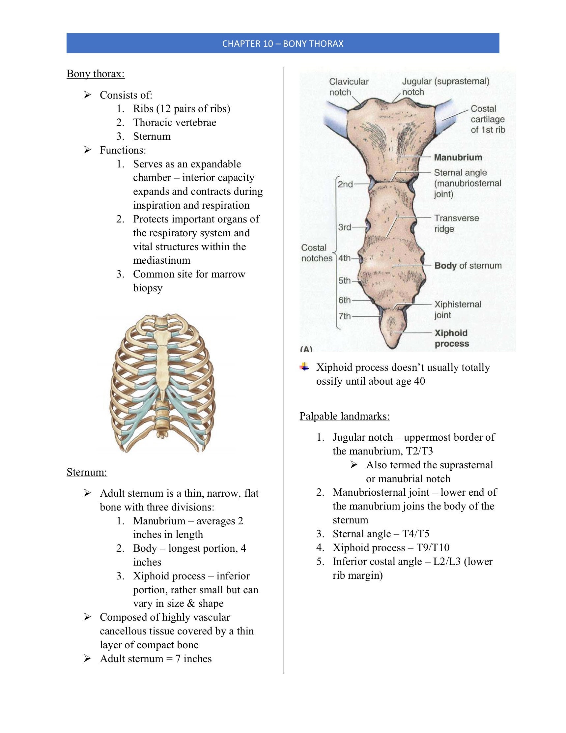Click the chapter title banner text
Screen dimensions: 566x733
(x=282, y=44)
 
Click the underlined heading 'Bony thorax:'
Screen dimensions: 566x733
(x=96, y=73)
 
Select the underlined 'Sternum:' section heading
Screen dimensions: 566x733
(x=87, y=472)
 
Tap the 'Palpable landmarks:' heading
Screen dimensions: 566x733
(x=345, y=416)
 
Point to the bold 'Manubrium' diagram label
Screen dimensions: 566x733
(x=458, y=158)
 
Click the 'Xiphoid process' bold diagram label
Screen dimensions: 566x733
(x=451, y=338)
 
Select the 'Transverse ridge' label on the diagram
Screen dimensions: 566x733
(x=456, y=223)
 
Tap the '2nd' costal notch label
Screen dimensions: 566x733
(x=345, y=184)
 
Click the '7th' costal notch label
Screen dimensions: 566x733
(x=344, y=316)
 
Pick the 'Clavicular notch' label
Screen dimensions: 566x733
(x=349, y=87)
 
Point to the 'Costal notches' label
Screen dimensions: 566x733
(x=316, y=253)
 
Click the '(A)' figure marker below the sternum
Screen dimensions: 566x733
(x=306, y=349)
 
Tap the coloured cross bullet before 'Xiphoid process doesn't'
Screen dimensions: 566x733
(x=304, y=367)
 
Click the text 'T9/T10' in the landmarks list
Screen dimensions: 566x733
(x=433, y=547)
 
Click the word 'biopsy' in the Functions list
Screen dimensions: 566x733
(x=148, y=288)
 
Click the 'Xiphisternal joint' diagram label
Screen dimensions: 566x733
(x=458, y=309)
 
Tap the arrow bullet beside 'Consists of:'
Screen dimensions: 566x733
(x=87, y=95)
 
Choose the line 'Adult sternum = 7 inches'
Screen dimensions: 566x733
(x=156, y=659)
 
